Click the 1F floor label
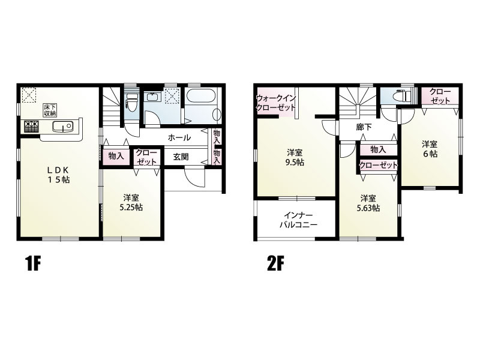(x=33, y=263)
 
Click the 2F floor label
(x=275, y=263)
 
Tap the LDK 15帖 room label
(x=58, y=175)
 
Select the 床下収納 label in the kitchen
(x=49, y=110)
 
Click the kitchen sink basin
(x=62, y=126)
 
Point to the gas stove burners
(x=31, y=127)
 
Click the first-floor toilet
(x=132, y=103)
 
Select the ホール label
(x=179, y=138)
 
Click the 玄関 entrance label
(x=181, y=157)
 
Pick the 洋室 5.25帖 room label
(x=131, y=202)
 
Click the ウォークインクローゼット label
(x=276, y=103)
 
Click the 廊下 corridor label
(x=364, y=127)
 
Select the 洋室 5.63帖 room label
(x=368, y=203)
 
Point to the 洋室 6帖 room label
(x=430, y=149)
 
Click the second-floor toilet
(x=401, y=96)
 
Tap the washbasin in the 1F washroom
(x=152, y=97)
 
